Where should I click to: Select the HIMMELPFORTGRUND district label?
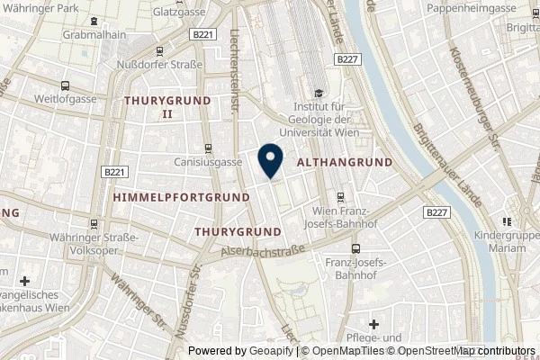[x=182, y=195]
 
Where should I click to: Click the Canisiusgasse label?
[x=209, y=163]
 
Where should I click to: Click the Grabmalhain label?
[x=93, y=35]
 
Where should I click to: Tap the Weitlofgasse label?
[x=66, y=96]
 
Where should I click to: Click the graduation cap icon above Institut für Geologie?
[x=317, y=93]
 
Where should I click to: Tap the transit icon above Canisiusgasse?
[x=209, y=148]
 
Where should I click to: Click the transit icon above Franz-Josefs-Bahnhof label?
[x=355, y=247]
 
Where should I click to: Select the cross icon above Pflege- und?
[x=374, y=323]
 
